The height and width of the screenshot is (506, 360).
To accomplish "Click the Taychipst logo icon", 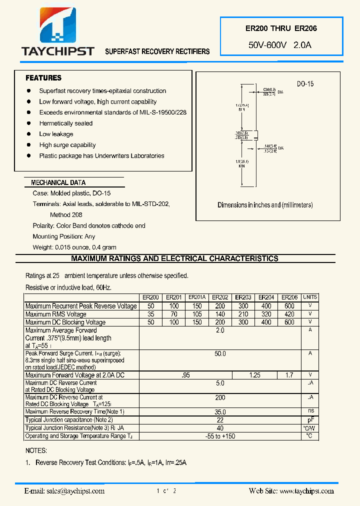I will click(57, 25).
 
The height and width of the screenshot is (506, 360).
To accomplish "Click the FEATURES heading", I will click(43, 78).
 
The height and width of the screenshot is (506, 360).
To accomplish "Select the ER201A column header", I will click(197, 297).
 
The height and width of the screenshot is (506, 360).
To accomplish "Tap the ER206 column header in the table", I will click(289, 297).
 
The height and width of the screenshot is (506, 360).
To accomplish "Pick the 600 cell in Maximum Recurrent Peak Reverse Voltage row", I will click(289, 306).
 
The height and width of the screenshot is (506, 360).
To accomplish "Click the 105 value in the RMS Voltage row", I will click(197, 314).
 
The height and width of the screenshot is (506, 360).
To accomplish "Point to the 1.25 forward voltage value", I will click(255, 375).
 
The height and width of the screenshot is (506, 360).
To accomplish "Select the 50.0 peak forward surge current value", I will click(220, 353).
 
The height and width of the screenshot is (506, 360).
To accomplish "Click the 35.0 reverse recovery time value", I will click(220, 412).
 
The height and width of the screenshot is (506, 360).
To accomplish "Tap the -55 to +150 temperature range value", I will click(220, 436).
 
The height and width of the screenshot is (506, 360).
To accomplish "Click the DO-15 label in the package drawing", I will click(305, 84).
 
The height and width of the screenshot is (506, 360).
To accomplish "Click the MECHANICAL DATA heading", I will click(58, 183).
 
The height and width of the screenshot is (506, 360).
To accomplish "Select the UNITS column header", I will click(310, 297).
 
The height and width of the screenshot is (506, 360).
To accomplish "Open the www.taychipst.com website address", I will click(306, 491).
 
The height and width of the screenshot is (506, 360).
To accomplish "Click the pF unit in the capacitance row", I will click(310, 420).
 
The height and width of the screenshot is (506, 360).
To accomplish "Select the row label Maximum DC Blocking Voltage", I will click(65, 322).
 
